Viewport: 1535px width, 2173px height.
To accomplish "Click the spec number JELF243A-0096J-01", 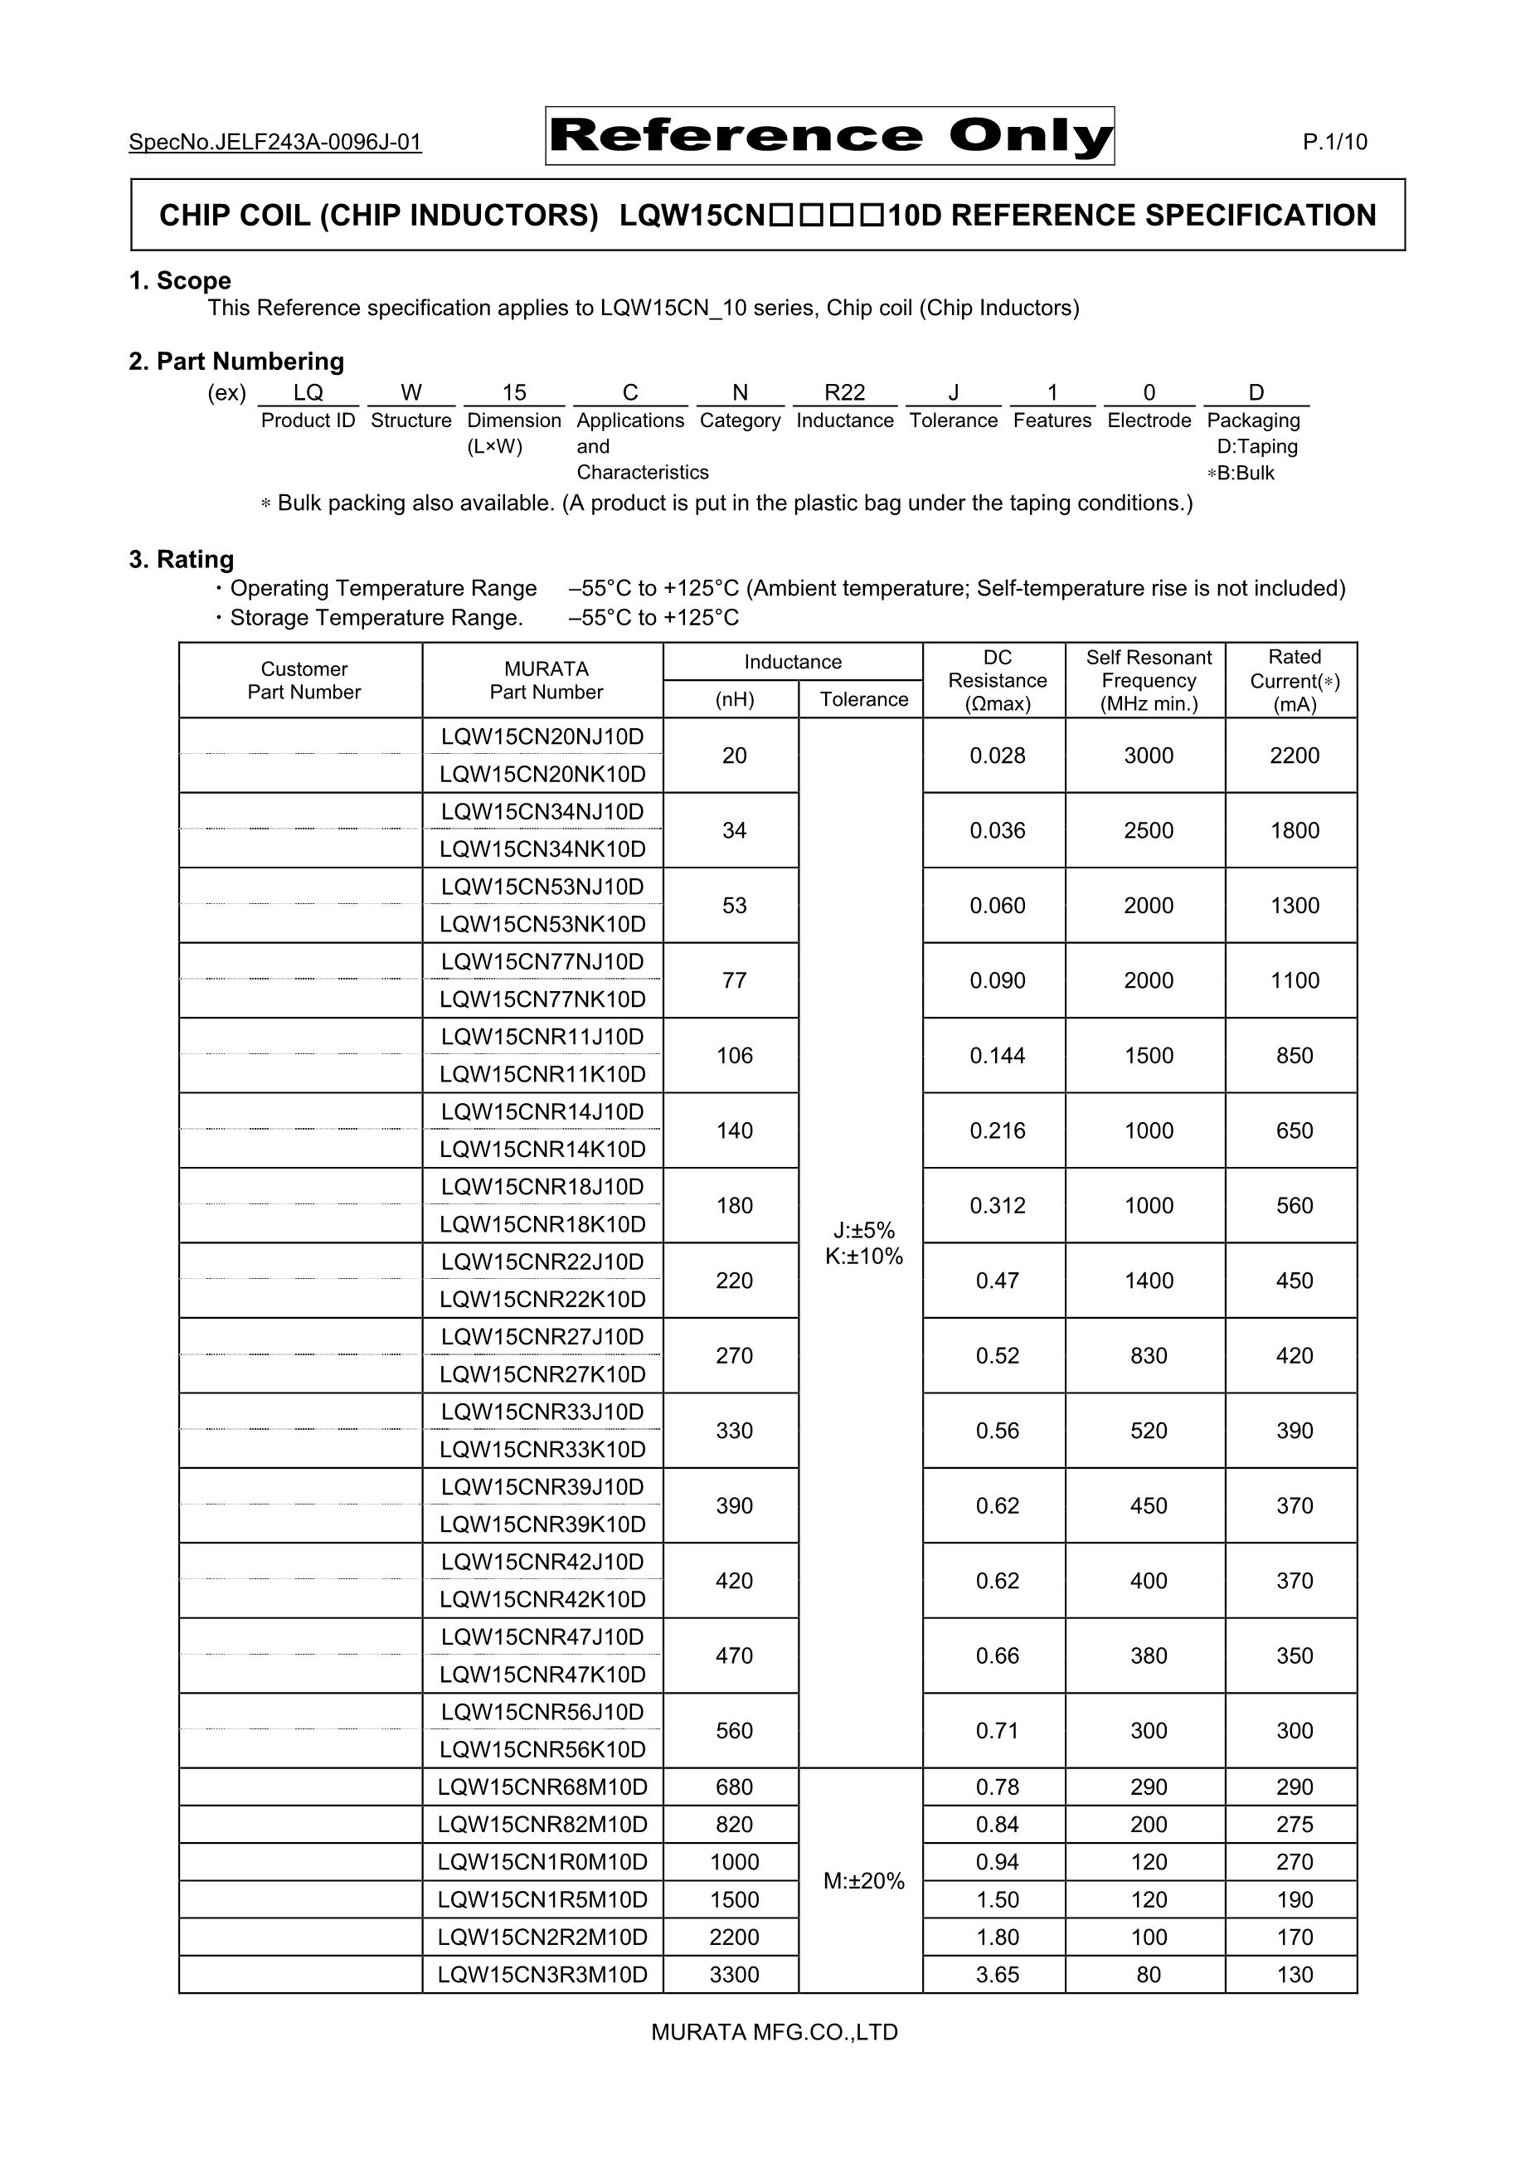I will point(274,142).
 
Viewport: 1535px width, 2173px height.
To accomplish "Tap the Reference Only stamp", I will point(829,136).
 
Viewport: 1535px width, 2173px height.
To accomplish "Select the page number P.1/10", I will point(1334,142).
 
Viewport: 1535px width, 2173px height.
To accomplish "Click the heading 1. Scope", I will point(180,281).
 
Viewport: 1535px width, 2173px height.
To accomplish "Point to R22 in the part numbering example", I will point(844,393).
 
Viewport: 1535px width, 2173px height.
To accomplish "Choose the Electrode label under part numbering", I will point(1149,421).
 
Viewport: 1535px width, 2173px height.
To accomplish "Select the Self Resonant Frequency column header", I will point(1148,680).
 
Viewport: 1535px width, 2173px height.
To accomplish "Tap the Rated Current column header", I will point(1294,680).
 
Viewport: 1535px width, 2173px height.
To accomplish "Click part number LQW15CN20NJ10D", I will point(542,736).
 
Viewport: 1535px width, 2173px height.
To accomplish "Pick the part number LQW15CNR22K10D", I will point(542,1299).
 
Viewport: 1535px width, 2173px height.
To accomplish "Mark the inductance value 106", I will point(735,1055).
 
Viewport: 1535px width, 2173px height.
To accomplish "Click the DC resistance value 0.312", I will point(998,1205).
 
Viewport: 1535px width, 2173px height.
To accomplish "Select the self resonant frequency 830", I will point(1148,1355).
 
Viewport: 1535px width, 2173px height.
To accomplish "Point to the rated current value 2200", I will point(1294,756).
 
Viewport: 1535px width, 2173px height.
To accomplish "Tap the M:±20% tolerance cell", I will point(863,1880).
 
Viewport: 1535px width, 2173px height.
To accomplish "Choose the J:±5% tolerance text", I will point(863,1230).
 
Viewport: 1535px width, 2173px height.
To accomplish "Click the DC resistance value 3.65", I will point(998,1974).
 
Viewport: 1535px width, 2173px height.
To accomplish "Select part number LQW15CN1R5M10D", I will point(542,1899).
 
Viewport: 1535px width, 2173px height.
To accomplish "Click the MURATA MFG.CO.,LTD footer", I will point(774,2032).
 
